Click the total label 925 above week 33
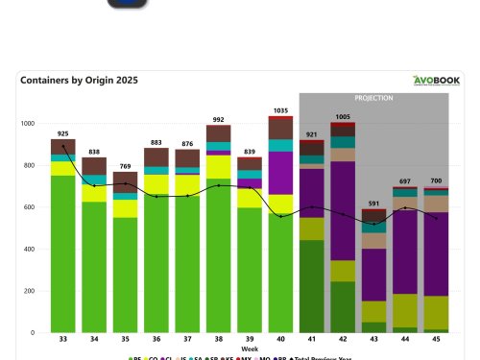tap(62, 133)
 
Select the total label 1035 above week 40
tap(280, 111)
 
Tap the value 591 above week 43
tap(374, 203)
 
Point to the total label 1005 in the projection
tap(343, 117)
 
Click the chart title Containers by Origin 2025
tap(78, 81)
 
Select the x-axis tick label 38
tap(218, 340)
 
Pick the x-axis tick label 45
tap(436, 340)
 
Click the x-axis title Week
tap(250, 348)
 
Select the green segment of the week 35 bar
tap(125, 274)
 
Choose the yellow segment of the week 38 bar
tap(218, 167)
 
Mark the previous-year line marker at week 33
tap(62, 147)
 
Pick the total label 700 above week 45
tap(436, 180)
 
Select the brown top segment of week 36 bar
tap(156, 157)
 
